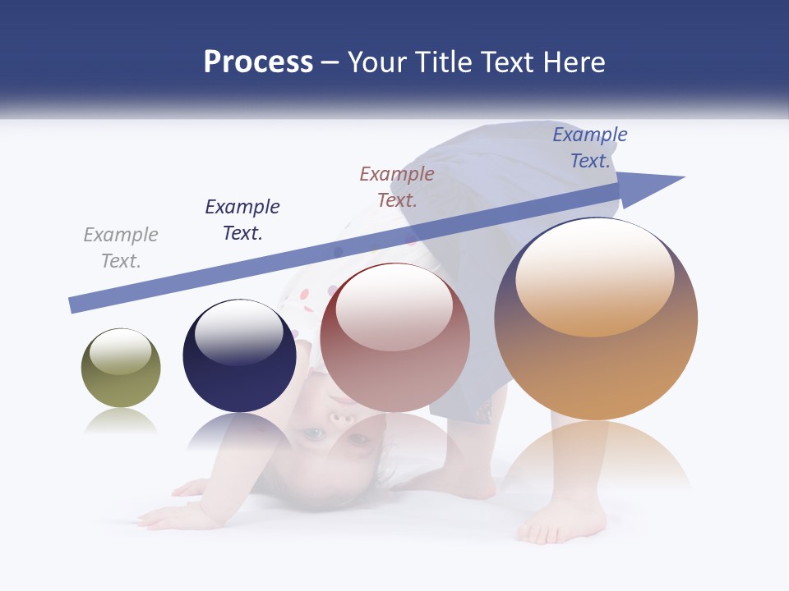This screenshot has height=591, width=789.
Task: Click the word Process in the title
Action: click(x=258, y=62)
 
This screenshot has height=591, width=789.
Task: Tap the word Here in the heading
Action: click(x=574, y=62)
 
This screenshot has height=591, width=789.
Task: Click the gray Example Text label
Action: click(x=121, y=248)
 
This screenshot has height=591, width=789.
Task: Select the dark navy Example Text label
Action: click(x=242, y=220)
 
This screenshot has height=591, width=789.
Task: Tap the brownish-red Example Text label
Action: click(x=397, y=186)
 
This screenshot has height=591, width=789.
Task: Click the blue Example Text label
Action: click(x=590, y=148)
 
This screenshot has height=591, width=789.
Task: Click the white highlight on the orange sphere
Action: click(x=595, y=275)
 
